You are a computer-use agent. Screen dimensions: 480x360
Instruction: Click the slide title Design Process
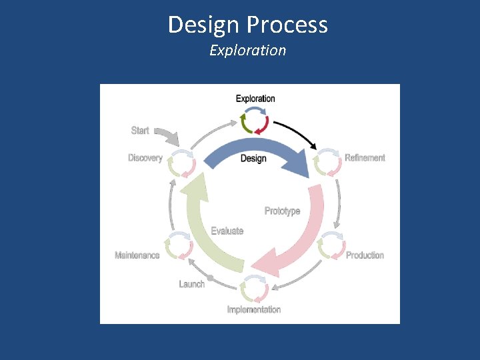tap(247, 25)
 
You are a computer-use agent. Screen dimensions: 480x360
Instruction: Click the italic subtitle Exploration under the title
tap(247, 51)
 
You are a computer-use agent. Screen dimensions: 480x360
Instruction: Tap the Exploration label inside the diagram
tap(255, 99)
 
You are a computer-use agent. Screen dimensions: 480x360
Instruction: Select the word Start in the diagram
tap(140, 131)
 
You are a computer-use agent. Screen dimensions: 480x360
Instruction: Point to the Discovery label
tap(145, 158)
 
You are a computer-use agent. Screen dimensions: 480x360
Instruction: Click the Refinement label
tap(365, 158)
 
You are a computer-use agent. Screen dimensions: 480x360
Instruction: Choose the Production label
tap(365, 255)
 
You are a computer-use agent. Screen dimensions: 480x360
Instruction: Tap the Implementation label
tap(254, 309)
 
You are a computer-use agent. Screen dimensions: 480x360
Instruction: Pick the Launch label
tap(192, 284)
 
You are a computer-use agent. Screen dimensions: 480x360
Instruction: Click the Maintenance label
tap(137, 255)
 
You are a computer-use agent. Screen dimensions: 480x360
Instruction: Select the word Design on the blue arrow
tap(253, 158)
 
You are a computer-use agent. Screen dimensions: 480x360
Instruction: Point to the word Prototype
tap(283, 211)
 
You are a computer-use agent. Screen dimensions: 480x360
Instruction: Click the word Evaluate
tap(227, 231)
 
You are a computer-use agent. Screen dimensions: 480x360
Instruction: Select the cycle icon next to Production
tap(331, 246)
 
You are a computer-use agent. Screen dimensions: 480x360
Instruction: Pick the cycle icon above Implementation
tap(254, 288)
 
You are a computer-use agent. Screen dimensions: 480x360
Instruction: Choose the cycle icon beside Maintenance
tap(179, 246)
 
